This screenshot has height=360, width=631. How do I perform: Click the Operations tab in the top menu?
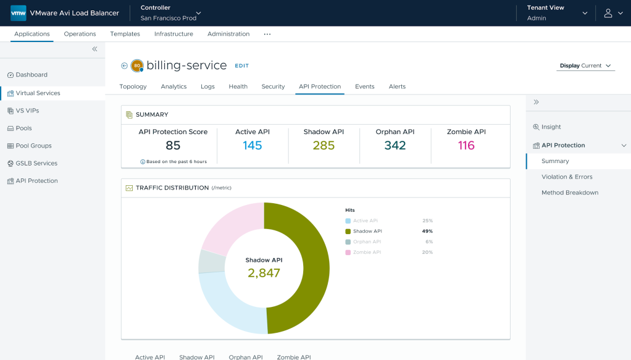pos(80,34)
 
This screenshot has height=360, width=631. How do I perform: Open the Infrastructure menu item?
pos(173,34)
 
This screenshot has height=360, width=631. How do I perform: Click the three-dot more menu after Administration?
pos(267,34)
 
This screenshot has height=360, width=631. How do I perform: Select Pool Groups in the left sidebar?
pos(33,146)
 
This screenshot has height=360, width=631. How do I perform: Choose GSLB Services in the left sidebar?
pos(36,163)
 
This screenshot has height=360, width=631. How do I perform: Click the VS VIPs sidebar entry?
pos(27,111)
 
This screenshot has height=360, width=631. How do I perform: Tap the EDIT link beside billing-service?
pos(242,65)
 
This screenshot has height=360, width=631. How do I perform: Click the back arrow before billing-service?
pos(124,65)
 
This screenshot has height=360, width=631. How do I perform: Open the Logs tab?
pos(207,86)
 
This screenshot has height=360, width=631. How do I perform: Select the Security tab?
pos(273,86)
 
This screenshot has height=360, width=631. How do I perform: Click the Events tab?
pos(365,86)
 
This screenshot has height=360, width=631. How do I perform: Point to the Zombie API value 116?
pos(466,145)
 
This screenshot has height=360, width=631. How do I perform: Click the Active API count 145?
pos(253,145)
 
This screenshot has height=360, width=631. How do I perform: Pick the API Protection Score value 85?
pos(173,145)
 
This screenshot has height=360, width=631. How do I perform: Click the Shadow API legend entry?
pos(367,231)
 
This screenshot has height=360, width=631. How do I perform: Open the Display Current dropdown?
pos(585,65)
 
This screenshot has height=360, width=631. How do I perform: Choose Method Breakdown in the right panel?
pos(570,193)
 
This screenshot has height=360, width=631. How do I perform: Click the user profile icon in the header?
pos(608,14)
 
